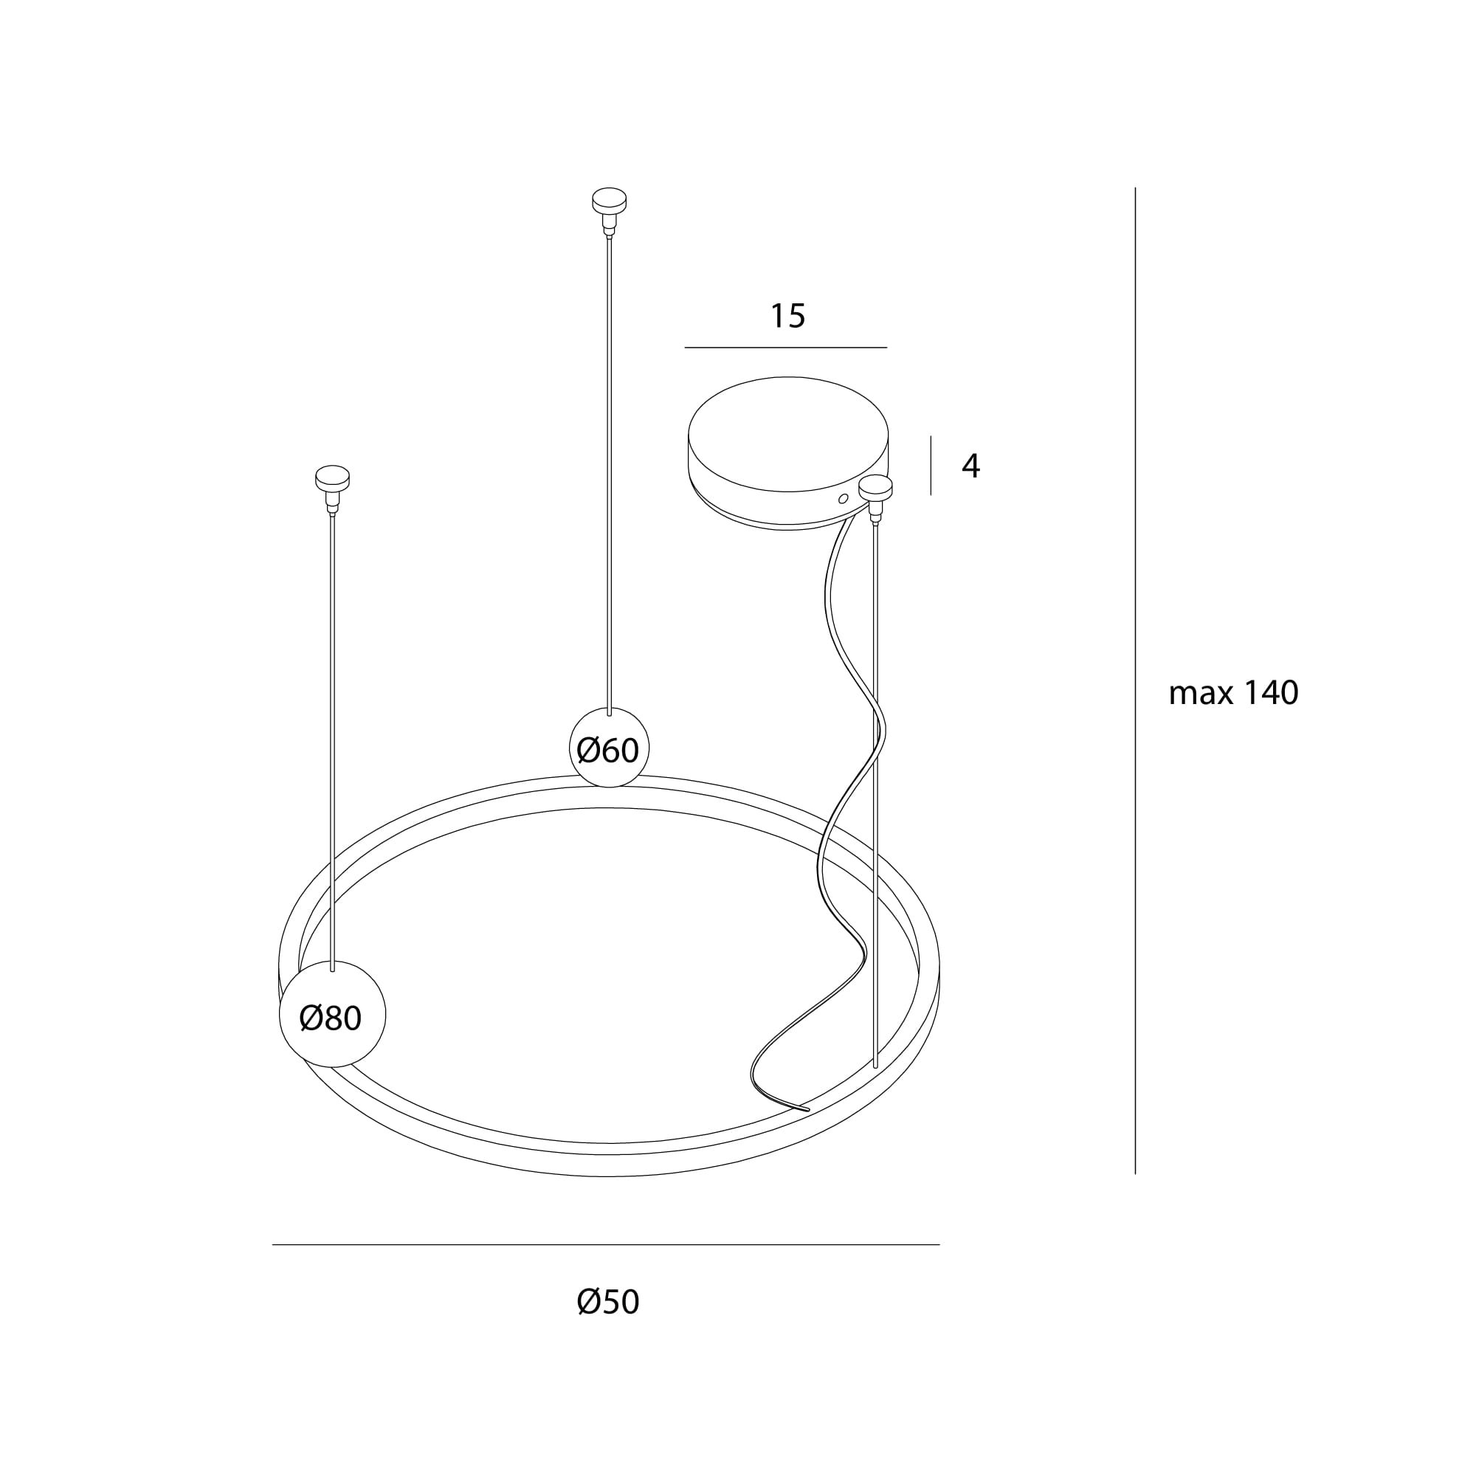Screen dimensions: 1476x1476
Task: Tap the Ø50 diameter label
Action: [x=608, y=1302]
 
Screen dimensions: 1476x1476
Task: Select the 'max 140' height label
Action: [x=1233, y=693]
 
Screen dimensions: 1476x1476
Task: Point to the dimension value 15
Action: [x=787, y=317]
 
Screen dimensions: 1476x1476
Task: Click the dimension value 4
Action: [x=970, y=465]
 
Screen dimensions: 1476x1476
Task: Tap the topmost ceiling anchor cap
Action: [x=609, y=200]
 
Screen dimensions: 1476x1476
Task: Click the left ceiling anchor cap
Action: [x=332, y=477]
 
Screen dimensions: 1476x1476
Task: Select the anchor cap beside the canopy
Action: [x=875, y=486]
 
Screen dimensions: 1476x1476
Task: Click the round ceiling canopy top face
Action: [x=787, y=433]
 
